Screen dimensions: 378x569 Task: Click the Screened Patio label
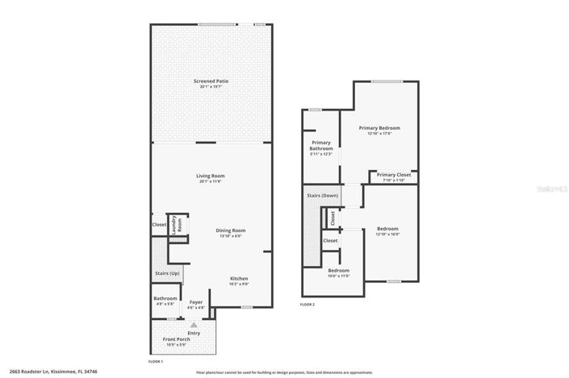[x=210, y=81]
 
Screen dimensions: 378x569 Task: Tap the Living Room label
[x=210, y=176]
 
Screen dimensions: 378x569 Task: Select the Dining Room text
[x=230, y=231]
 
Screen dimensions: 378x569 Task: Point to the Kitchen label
[x=238, y=278]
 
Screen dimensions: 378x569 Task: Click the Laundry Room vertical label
[x=179, y=224]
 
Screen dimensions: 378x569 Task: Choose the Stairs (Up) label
[x=167, y=273]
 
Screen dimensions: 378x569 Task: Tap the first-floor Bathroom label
[x=165, y=298]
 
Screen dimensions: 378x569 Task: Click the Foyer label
[x=196, y=302]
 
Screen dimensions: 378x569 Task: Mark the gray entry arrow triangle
[x=193, y=324]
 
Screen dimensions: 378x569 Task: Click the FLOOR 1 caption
[x=156, y=362]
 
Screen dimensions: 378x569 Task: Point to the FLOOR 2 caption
[x=308, y=305]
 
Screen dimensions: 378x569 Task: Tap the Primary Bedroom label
[x=379, y=128]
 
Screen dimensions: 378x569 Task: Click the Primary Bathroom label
[x=321, y=146]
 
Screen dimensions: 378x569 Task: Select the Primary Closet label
[x=393, y=175]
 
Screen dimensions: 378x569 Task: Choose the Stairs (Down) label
[x=323, y=196]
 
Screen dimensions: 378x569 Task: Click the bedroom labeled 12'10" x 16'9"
[x=387, y=229]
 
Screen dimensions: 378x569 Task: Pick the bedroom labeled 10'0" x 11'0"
[x=338, y=270]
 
